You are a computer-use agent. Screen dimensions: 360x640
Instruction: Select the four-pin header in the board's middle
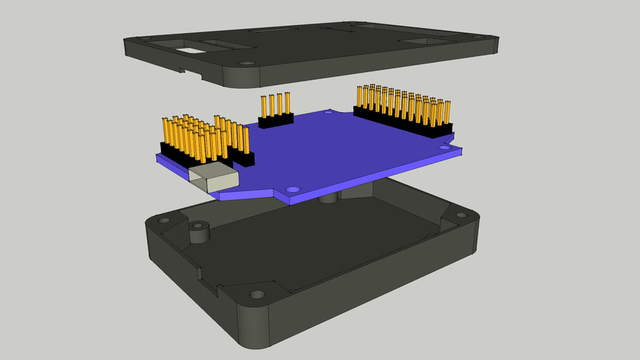[x=275, y=112]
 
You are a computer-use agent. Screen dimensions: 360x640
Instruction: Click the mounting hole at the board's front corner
[x=293, y=190]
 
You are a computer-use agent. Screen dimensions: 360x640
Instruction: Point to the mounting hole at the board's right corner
[x=444, y=148]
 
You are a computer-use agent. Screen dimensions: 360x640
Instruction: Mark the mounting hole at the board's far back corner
[x=328, y=111]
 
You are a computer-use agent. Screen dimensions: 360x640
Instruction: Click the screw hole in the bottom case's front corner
[x=257, y=294]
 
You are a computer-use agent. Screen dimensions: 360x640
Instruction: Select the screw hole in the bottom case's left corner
[x=164, y=221]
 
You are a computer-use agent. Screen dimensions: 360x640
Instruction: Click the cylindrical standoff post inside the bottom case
[x=200, y=232]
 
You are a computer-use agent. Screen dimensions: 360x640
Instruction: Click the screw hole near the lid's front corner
[x=245, y=63]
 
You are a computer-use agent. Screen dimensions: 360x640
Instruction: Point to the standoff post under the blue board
[x=327, y=199]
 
